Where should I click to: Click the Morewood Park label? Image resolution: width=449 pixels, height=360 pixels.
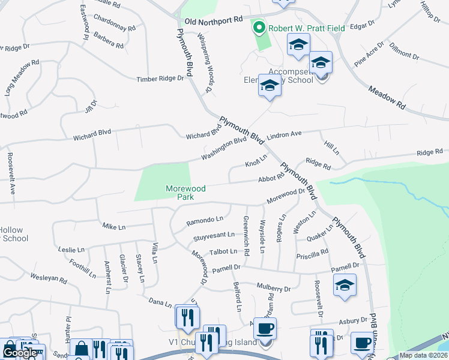click(x=185, y=192)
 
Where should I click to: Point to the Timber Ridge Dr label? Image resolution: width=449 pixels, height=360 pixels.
click(x=160, y=79)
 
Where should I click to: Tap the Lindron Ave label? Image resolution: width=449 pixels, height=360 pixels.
click(x=284, y=136)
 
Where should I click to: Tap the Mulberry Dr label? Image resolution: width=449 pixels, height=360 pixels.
click(x=273, y=288)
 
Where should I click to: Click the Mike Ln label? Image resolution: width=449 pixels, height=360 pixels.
click(x=113, y=227)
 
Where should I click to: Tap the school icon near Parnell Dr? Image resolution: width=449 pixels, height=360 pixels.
click(x=345, y=286)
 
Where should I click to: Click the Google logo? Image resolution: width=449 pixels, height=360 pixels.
click(x=20, y=353)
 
